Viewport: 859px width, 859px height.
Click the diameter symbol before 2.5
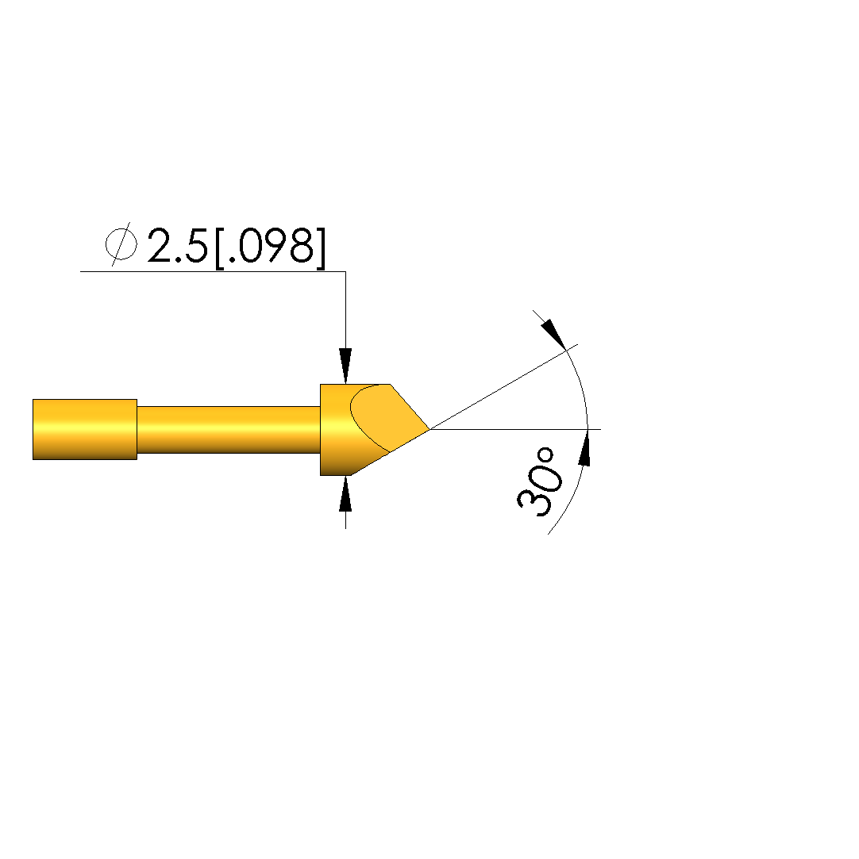121,244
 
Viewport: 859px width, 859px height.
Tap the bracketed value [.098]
270,248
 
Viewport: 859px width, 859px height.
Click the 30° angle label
539,481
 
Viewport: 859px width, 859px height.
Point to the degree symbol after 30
545,455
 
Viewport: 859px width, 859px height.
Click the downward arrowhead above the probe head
345,366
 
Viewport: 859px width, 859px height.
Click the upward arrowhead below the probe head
345,493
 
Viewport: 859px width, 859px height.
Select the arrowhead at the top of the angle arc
553,334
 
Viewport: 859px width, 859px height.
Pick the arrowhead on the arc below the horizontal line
585,448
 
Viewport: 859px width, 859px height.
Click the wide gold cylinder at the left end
85,430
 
